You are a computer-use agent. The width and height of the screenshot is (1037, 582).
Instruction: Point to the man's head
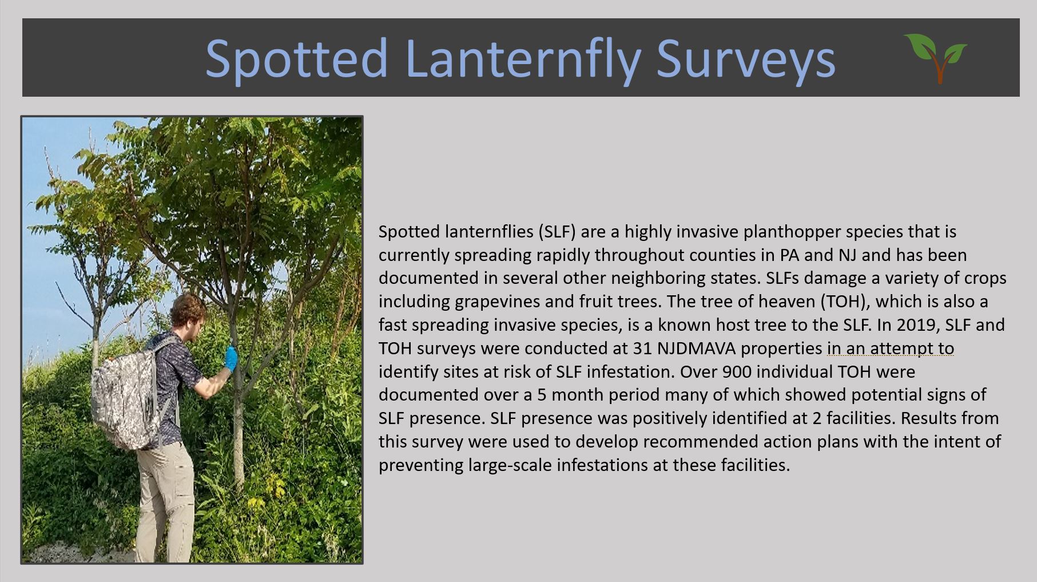pyautogui.click(x=189, y=316)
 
